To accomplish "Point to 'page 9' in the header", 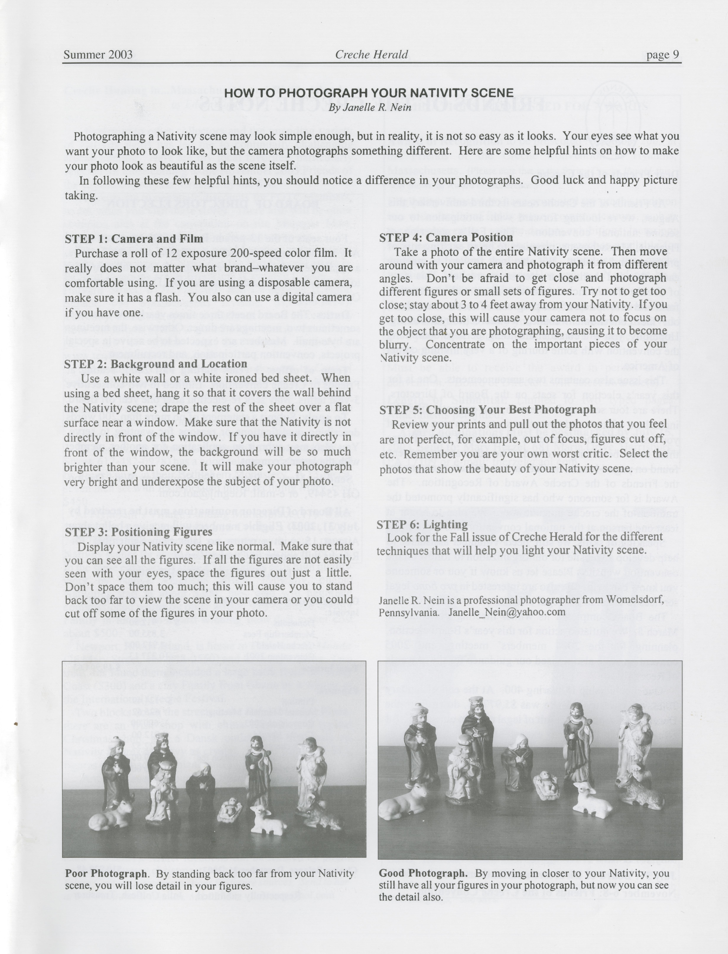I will click(x=663, y=55).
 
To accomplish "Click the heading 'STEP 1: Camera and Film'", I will click(x=134, y=239).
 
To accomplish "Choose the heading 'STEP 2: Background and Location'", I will click(x=156, y=364).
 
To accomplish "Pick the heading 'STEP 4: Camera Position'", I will click(x=446, y=237).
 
